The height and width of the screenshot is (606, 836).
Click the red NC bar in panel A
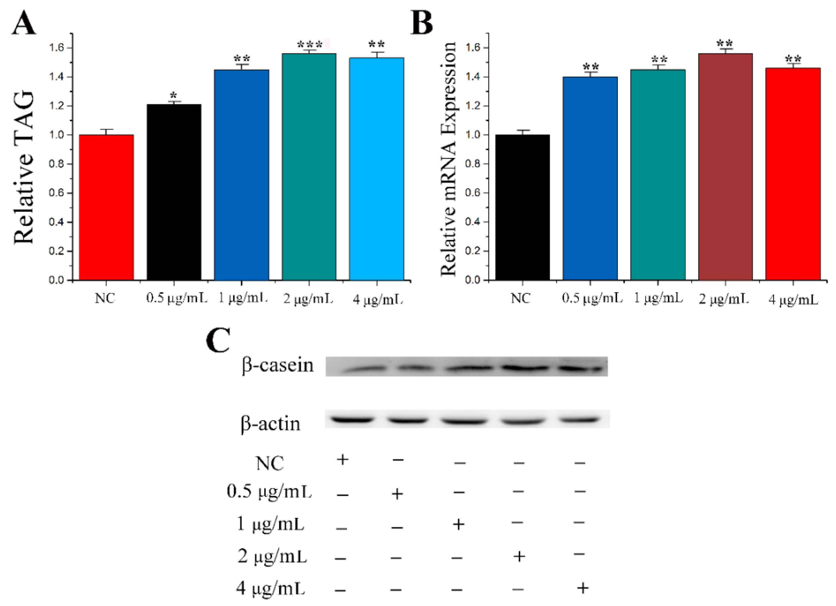click(x=106, y=207)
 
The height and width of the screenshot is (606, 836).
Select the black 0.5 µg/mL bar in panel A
click(x=174, y=192)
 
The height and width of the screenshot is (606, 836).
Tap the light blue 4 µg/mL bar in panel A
click(x=376, y=169)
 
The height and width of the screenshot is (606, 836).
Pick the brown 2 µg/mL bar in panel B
click(x=725, y=166)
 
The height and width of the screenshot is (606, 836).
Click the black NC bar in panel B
click(x=522, y=207)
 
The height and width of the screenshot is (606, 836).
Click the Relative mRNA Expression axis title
click(x=449, y=158)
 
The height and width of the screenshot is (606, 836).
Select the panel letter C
click(x=218, y=340)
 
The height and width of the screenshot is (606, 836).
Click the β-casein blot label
click(x=278, y=366)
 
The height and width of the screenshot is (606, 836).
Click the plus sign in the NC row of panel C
click(x=342, y=460)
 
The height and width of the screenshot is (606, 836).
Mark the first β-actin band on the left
click(x=352, y=419)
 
